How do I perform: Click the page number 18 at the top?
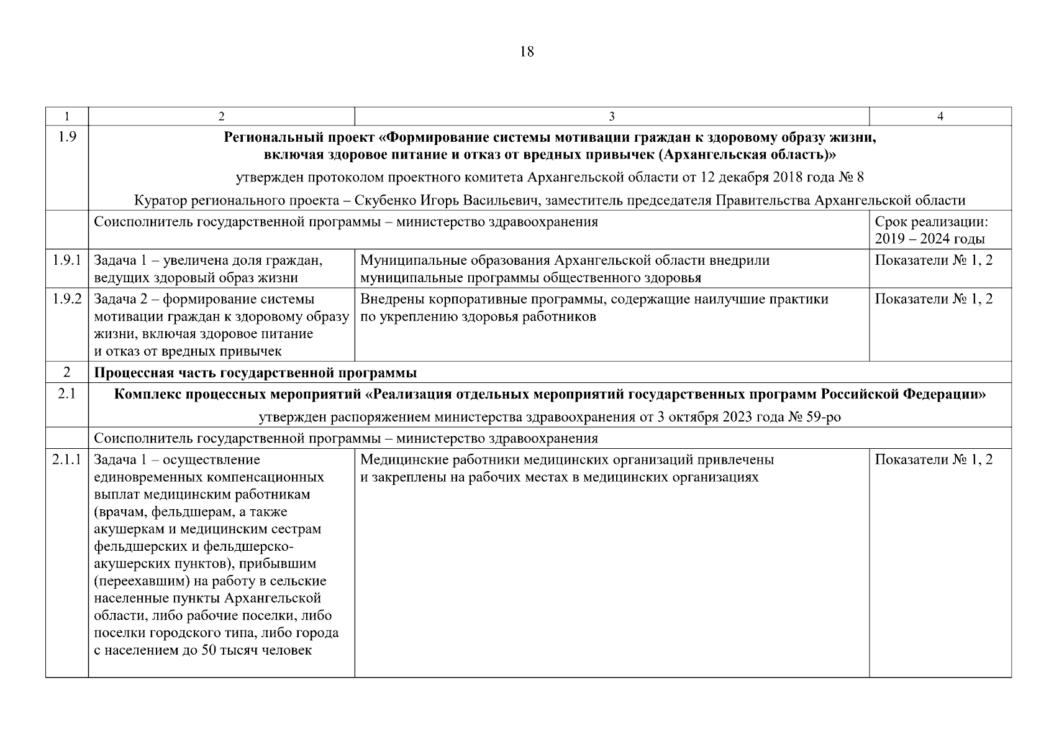[526, 52]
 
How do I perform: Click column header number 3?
[611, 116]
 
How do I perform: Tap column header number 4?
[940, 116]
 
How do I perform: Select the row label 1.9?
[66, 137]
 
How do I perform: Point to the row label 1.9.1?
[67, 260]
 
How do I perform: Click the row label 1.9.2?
[67, 299]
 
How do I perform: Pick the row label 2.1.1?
[67, 460]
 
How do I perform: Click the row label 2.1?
[66, 394]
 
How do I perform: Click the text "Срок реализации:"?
[931, 222]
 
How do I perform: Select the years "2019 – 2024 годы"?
[930, 239]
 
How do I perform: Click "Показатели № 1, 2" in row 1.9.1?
[934, 260]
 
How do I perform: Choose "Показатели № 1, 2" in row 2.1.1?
[934, 460]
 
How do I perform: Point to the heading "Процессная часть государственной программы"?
[255, 373]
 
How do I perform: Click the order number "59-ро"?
[823, 417]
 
